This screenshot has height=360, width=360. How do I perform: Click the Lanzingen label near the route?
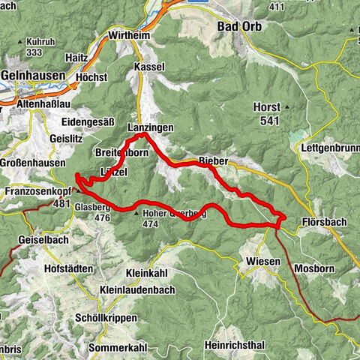pyautogui.click(x=150, y=128)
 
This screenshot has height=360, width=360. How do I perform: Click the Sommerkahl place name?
pyautogui.click(x=114, y=347)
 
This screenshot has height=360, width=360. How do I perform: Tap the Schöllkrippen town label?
pyautogui.click(x=107, y=318)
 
